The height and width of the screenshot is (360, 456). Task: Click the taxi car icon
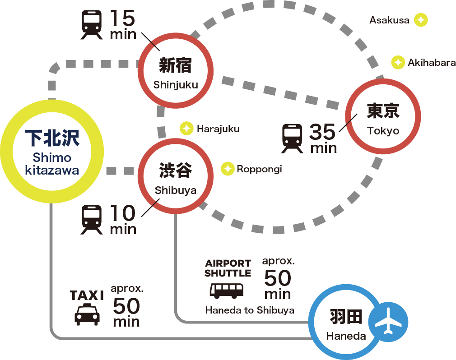[x=87, y=314]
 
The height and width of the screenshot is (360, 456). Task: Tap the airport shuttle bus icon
[x=227, y=290]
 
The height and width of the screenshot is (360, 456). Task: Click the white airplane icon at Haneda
[x=388, y=322]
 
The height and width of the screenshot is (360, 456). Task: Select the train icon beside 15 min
[x=92, y=25]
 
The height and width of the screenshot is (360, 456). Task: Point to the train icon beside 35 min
[x=293, y=139]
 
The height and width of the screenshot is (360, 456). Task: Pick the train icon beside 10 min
[x=92, y=220]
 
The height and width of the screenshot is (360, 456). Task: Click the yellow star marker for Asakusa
[x=421, y=20]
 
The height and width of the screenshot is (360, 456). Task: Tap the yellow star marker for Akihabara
[x=398, y=63]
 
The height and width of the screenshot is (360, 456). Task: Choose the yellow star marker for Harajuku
[x=186, y=129]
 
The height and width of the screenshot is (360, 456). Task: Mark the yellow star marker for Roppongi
[x=227, y=169]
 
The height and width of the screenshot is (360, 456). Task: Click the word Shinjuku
[x=176, y=85]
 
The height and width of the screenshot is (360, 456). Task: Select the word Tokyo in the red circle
[x=383, y=131]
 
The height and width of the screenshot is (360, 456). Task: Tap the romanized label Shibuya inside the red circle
[x=176, y=190]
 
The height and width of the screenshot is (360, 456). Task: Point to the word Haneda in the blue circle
[x=346, y=336]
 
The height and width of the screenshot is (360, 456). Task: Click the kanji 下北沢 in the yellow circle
[x=52, y=138]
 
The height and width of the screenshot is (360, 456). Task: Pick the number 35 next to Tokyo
[x=323, y=132]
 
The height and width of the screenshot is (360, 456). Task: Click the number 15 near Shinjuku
[x=122, y=19]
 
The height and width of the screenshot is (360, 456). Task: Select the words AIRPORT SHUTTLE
[x=228, y=268]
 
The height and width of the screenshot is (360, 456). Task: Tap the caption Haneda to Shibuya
[x=250, y=310]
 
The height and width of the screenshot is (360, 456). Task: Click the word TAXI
[x=87, y=295]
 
